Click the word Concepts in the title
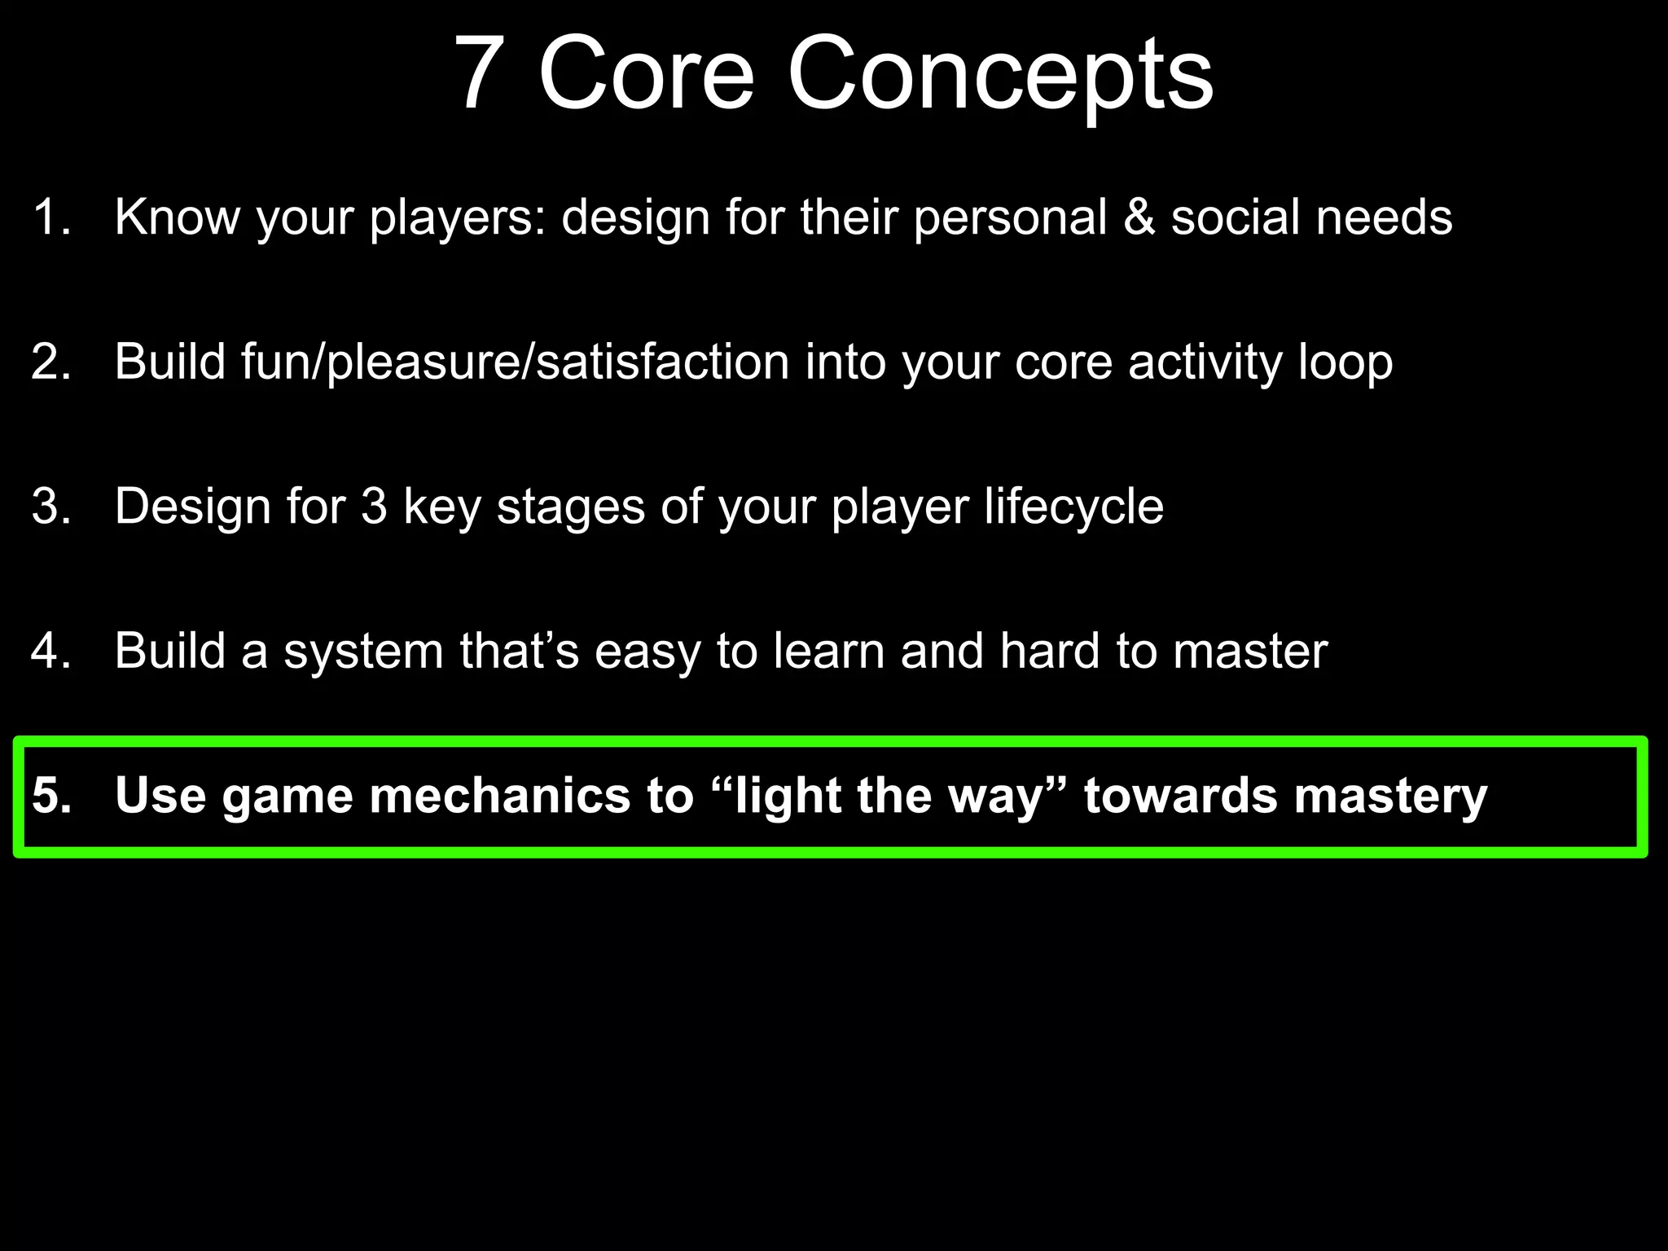(x=999, y=75)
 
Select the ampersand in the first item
(x=1139, y=218)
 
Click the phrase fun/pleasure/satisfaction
(x=515, y=362)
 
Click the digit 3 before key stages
(x=374, y=507)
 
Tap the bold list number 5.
(x=50, y=796)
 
